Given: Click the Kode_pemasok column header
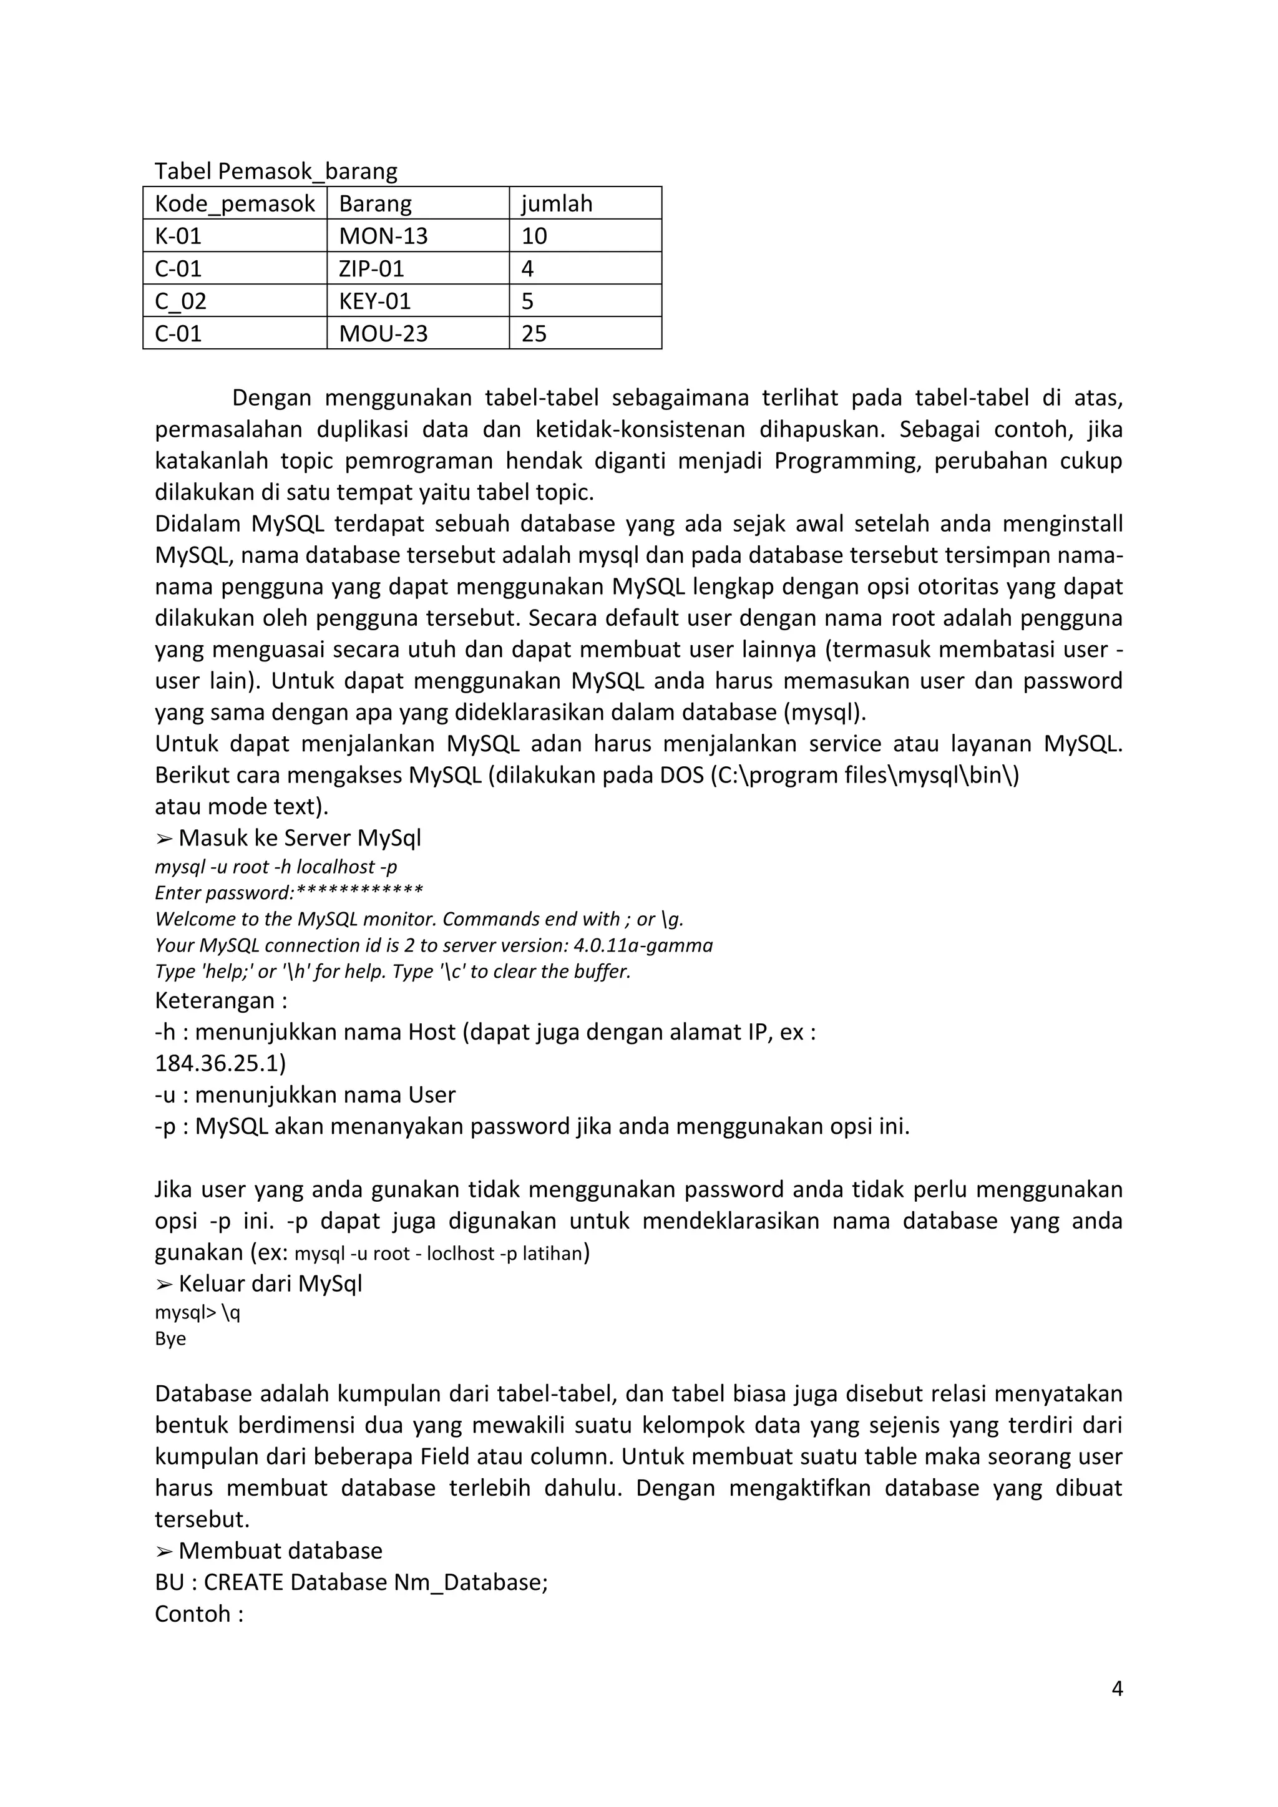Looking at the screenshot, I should tap(235, 204).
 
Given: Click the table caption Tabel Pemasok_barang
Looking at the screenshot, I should tap(275, 171).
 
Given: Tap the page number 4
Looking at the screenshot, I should tap(1116, 1688).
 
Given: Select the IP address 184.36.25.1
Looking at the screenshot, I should tap(220, 1063).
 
